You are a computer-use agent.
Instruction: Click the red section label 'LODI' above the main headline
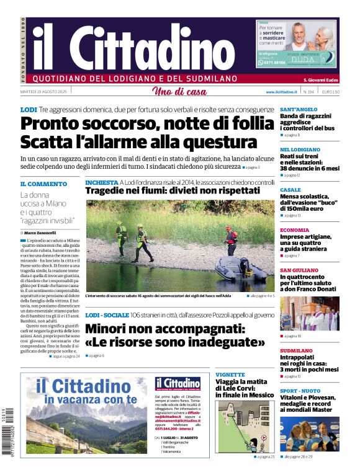(29, 110)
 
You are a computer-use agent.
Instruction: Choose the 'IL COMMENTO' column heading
(43, 184)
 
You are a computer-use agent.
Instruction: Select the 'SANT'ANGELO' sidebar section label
(299, 109)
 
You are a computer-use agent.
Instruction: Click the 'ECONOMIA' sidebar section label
(295, 229)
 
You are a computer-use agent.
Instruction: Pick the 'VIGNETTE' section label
(230, 375)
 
